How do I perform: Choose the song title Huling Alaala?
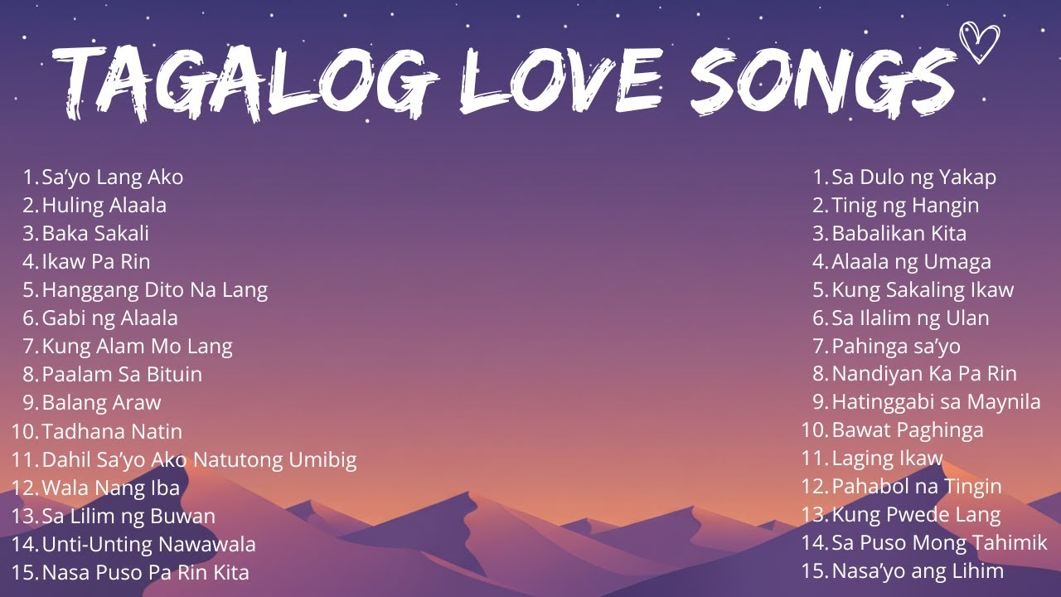click(x=104, y=205)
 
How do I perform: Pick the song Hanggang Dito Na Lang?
click(x=154, y=290)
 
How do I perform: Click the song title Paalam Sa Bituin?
click(x=122, y=374)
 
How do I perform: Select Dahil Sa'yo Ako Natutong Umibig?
click(x=199, y=460)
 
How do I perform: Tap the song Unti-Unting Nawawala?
click(x=148, y=545)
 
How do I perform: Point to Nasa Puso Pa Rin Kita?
click(x=145, y=572)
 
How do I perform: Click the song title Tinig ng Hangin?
click(x=905, y=205)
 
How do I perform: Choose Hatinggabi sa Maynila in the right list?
click(x=936, y=402)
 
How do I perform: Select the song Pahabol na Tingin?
click(x=917, y=487)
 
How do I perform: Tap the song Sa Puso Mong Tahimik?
click(x=939, y=543)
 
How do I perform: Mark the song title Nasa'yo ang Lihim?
click(x=918, y=570)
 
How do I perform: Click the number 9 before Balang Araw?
click(x=30, y=403)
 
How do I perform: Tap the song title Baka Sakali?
click(x=95, y=233)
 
